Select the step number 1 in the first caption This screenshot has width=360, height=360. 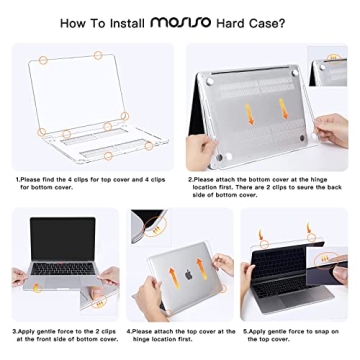coord(16,179)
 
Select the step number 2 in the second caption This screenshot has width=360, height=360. coord(191,179)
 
